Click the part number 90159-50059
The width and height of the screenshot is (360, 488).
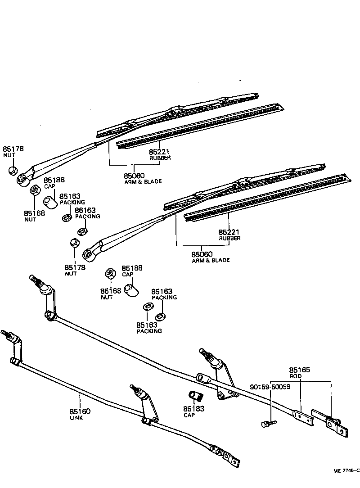point(270,386)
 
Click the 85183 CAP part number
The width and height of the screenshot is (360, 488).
point(193,411)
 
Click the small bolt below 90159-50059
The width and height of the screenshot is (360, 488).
point(268,423)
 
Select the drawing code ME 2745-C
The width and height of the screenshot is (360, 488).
point(346,470)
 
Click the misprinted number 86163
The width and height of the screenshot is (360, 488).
point(85,210)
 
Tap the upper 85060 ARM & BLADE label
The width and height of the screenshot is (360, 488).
point(134,178)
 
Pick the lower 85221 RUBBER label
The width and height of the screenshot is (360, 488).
point(229,235)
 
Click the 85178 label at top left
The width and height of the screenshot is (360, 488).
point(13,151)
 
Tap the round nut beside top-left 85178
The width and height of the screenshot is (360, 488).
point(13,171)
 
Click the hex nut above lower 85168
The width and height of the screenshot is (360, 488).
point(109,273)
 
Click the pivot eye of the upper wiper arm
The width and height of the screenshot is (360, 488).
point(22,179)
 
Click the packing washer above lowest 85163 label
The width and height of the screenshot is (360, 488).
point(147,307)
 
